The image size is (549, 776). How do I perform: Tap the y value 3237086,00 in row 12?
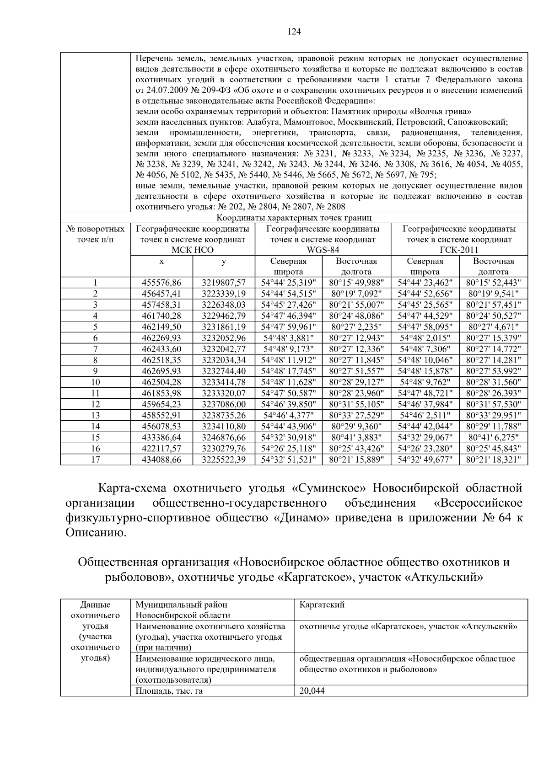click(224, 404)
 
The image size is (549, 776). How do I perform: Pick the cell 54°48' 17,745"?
click(288, 371)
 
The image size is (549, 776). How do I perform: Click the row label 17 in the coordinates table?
click(95, 460)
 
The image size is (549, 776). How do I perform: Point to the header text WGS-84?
click(323, 250)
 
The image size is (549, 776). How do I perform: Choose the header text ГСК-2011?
click(459, 250)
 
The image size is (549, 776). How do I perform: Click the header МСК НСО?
click(193, 250)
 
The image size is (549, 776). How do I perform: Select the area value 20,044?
click(312, 691)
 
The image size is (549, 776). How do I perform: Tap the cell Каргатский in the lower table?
click(322, 605)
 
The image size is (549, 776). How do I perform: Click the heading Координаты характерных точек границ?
click(294, 218)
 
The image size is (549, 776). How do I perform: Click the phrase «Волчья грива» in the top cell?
click(442, 112)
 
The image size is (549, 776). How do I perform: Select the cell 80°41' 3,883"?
click(357, 438)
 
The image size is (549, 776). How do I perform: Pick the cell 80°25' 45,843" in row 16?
click(493, 449)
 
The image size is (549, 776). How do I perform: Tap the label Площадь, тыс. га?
click(169, 691)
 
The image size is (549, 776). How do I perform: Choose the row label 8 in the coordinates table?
click(95, 360)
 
